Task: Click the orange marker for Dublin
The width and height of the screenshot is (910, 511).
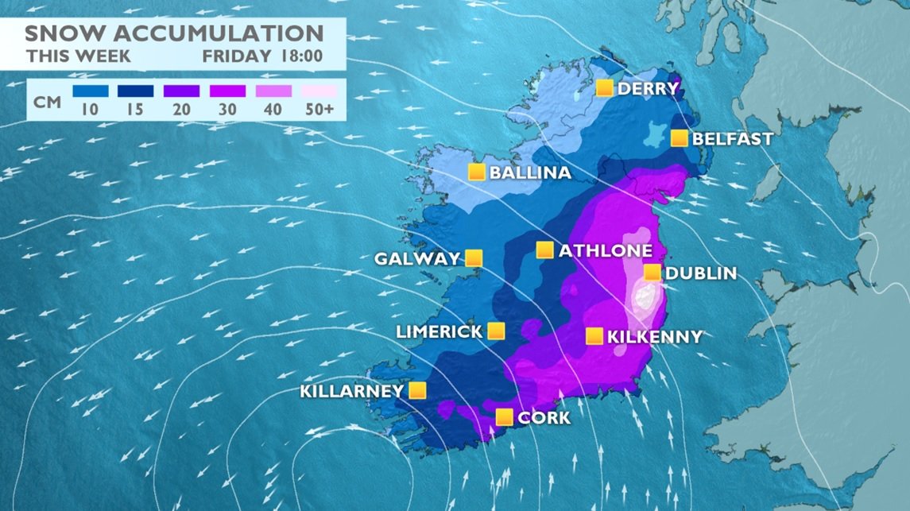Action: click(x=652, y=273)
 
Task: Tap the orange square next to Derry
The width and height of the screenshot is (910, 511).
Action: click(x=605, y=87)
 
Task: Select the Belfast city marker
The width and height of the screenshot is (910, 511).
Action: click(x=680, y=138)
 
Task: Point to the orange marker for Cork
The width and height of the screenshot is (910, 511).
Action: click(x=504, y=416)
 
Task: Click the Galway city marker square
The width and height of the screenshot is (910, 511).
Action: click(x=474, y=257)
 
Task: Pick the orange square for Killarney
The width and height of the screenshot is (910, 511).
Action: click(x=417, y=390)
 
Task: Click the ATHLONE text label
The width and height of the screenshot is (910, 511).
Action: click(x=605, y=251)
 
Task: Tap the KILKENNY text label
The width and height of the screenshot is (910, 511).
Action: click(x=654, y=337)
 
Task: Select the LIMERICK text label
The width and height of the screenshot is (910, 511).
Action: click(x=439, y=331)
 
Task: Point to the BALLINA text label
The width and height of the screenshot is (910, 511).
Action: click(x=530, y=173)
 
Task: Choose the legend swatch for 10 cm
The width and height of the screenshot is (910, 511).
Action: click(x=90, y=91)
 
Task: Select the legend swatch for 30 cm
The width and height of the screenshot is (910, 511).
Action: click(x=227, y=91)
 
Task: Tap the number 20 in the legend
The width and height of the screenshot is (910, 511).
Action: click(x=181, y=109)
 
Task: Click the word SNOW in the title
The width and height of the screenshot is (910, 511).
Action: click(x=59, y=34)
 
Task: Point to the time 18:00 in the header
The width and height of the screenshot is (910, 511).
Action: click(x=300, y=56)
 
